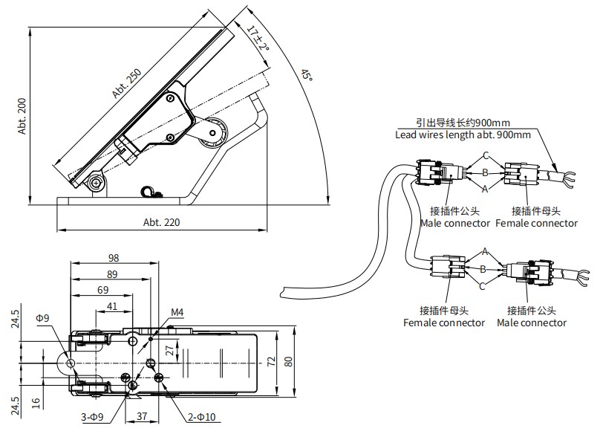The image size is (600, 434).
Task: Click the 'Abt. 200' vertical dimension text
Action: (x=22, y=116)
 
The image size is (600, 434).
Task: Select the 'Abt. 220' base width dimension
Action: (x=161, y=222)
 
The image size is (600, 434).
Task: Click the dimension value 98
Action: (x=114, y=258)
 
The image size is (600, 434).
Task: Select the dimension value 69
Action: (x=102, y=289)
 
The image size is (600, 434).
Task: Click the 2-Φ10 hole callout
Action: (x=201, y=418)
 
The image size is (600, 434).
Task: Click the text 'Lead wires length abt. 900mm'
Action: (x=463, y=135)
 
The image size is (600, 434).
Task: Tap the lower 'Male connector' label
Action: (x=531, y=323)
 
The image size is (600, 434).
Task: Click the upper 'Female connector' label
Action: (x=536, y=223)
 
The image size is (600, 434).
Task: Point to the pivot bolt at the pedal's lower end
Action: (x=96, y=183)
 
